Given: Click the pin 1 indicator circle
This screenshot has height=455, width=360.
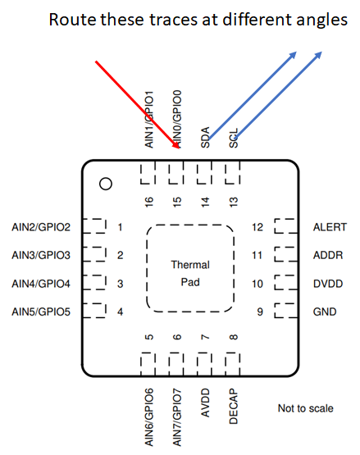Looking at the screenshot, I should tap(105, 184).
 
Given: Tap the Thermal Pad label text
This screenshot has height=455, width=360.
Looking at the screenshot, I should tap(190, 273).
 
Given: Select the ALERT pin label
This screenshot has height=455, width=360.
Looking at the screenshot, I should tap(330, 227).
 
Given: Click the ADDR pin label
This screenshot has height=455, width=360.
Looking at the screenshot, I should tap(328, 255).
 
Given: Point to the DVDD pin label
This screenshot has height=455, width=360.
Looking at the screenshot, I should tap(328, 284).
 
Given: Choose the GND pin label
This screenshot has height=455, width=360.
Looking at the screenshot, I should tap(326, 312).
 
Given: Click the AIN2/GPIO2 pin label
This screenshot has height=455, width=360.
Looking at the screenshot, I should tap(42, 227).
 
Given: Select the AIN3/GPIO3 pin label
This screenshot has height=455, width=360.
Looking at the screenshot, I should tap(42, 255).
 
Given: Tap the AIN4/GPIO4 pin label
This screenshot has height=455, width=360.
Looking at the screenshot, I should tap(42, 284).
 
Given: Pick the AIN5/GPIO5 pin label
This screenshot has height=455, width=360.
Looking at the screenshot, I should tap(42, 312).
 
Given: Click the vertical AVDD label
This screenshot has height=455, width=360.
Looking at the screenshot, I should tap(206, 404).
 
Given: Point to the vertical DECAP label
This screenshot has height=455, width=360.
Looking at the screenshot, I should tap(234, 406).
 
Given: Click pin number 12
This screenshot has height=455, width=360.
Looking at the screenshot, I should tap(257, 227).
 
